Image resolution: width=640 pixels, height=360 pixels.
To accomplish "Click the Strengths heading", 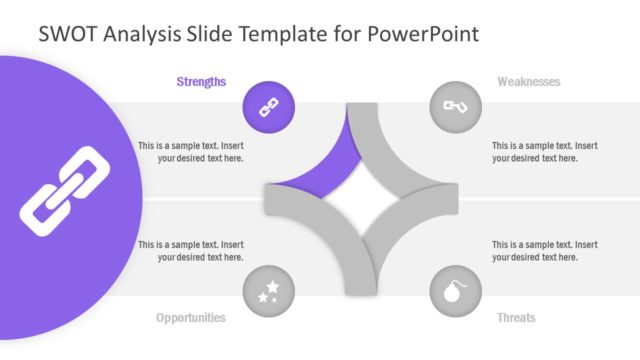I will [201, 82].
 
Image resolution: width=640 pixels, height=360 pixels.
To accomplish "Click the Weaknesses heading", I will [528, 82].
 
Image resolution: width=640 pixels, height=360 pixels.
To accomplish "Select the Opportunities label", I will [190, 318].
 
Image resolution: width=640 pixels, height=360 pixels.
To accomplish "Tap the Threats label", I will [516, 318].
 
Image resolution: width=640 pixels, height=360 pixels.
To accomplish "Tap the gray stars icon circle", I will [268, 292].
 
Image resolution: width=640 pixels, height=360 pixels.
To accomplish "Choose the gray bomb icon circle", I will [455, 292].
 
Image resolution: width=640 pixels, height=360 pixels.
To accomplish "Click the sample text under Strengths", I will [191, 151].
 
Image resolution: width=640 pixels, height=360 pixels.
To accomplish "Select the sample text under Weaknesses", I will [545, 151].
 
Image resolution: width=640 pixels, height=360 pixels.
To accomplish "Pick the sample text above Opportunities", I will [191, 251].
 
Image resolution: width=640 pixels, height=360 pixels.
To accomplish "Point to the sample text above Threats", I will [545, 251].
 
